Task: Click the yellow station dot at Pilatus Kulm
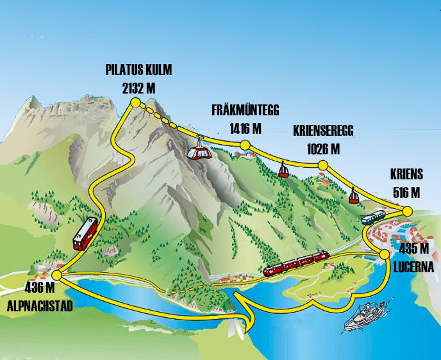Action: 135,102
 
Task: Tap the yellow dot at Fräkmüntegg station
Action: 244,145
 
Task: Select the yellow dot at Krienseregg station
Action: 322,166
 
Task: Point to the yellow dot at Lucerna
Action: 384,254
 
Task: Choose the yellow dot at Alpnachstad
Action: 56,275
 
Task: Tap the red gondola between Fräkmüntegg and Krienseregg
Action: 283,170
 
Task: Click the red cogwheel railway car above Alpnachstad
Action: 85,233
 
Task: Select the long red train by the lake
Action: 296,262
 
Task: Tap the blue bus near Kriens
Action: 373,218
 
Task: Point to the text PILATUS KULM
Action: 139,70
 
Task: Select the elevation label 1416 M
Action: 245,128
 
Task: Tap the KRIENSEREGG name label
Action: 323,132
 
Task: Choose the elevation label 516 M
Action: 405,192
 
